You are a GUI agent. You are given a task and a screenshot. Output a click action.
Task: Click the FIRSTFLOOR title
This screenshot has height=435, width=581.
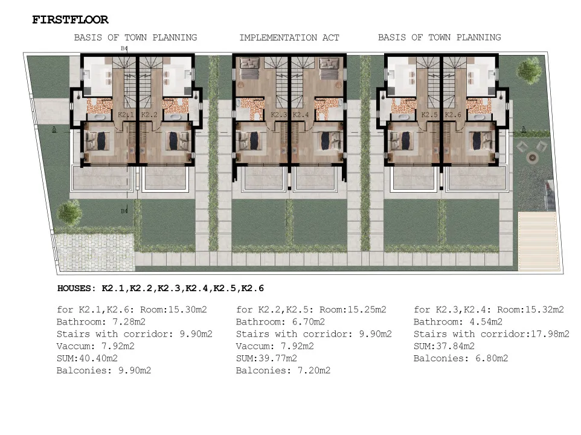coord(70,20)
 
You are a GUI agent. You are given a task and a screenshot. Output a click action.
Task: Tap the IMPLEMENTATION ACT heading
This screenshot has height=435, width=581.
coord(289,38)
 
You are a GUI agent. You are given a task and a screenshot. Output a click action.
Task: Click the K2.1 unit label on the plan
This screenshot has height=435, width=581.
coord(126,115)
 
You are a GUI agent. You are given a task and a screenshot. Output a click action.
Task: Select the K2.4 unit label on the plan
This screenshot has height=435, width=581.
coord(301,115)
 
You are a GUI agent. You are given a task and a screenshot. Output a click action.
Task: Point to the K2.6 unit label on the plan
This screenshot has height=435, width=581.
coord(453,115)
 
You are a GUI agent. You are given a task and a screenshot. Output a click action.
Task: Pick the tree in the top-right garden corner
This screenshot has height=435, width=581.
coord(529,71)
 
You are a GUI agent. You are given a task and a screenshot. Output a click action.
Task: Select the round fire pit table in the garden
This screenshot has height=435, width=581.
coord(533,158)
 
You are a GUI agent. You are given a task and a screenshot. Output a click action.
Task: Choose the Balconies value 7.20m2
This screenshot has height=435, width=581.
coord(314,370)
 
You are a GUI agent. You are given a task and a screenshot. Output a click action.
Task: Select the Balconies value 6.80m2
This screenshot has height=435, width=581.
coord(492,358)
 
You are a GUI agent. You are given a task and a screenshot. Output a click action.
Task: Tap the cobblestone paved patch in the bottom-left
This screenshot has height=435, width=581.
coord(95,252)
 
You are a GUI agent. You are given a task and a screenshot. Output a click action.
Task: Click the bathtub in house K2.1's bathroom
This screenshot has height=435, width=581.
coord(99,117)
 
